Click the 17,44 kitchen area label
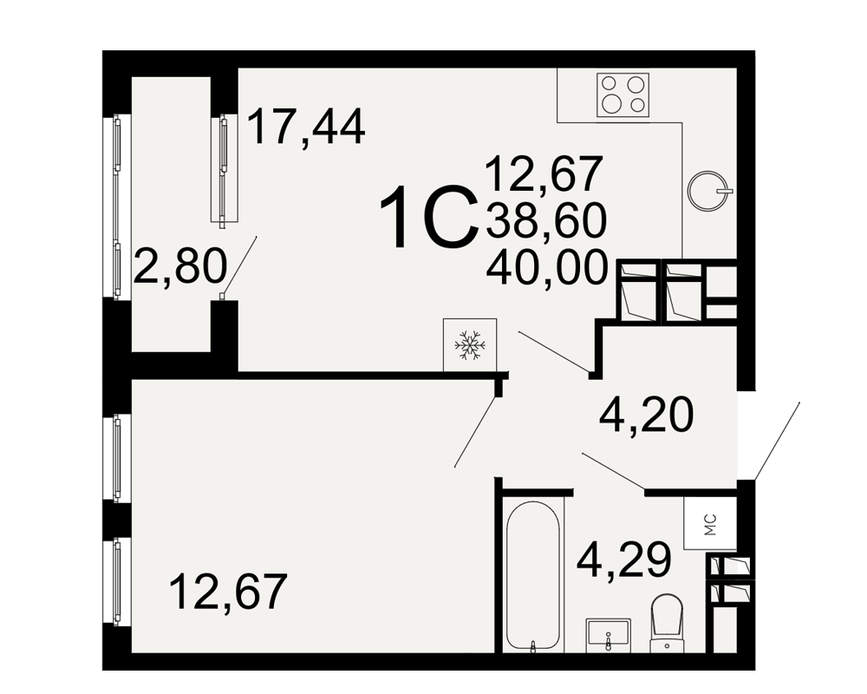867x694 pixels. (306, 128)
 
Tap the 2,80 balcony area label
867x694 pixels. (180, 266)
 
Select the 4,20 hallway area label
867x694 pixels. (647, 416)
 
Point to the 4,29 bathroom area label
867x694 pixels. (623, 560)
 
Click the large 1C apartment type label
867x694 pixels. (429, 217)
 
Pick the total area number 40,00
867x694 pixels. (547, 268)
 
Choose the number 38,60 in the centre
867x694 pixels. (546, 220)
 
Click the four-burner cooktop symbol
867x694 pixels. (623, 95)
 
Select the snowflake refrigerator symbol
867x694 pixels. (469, 344)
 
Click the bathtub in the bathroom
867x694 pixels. (533, 576)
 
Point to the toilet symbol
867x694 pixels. (667, 623)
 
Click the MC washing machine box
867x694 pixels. (710, 524)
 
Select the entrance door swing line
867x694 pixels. (777, 441)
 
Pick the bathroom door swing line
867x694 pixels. (613, 471)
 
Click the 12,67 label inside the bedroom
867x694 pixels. (228, 591)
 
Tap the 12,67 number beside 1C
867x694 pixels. (544, 173)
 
